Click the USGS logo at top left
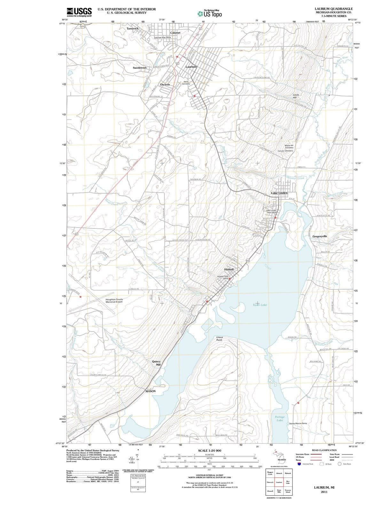pos(79,12)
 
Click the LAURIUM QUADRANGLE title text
pos(333,9)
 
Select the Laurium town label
pos(191,67)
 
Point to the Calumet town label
pos(175,33)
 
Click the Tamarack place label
pos(133,28)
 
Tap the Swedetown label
pos(140,68)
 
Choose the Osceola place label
pos(165,84)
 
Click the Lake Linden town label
pos(279,193)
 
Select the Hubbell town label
pos(229,269)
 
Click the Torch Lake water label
pos(260,305)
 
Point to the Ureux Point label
pos(219,339)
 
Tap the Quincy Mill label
pos(156,363)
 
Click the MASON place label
pos(151,391)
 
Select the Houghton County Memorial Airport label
pos(114,300)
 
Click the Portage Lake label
pos(280,419)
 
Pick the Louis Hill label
pos(296,96)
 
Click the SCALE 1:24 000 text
pos(209,450)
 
